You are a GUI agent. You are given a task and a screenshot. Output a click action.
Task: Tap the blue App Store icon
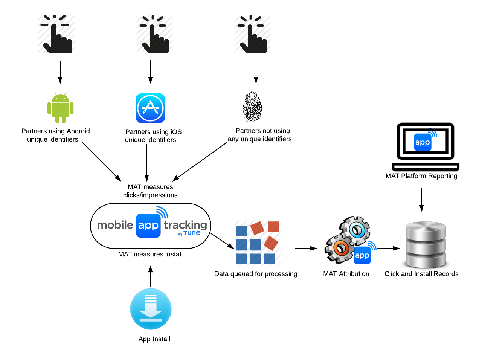(150, 108)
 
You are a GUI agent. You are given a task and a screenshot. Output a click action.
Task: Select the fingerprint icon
(253, 106)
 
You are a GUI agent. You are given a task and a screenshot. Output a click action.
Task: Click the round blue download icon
(151, 309)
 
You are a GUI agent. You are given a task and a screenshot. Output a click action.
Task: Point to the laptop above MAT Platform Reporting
(426, 146)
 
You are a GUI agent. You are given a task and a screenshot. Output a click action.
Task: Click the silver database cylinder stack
(426, 245)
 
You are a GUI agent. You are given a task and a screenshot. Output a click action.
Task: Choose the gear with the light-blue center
(356, 230)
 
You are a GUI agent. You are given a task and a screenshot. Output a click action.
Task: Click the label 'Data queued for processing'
(256, 274)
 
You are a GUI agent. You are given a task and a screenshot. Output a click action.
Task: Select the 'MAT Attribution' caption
(346, 274)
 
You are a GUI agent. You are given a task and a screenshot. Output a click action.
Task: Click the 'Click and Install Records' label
(421, 274)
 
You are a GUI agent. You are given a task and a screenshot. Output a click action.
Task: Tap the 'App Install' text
(154, 339)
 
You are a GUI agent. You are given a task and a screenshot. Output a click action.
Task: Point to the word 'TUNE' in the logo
(192, 233)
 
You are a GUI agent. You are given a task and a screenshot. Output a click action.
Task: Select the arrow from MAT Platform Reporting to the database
(421, 200)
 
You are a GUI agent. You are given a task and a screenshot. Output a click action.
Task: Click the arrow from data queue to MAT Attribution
(306, 249)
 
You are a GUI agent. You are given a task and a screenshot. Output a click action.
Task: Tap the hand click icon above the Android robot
(56, 34)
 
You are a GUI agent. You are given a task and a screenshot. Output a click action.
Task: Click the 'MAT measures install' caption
(150, 254)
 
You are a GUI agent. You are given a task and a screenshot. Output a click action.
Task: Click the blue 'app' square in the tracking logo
(148, 226)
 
